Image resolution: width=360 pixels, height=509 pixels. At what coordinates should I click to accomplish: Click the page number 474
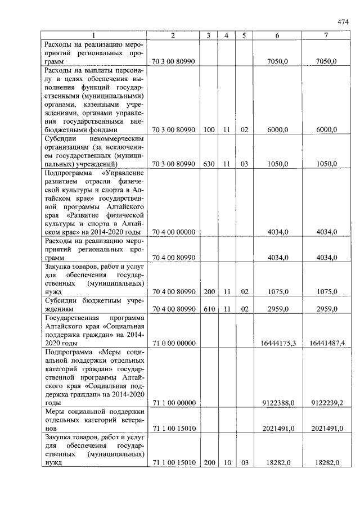(343, 21)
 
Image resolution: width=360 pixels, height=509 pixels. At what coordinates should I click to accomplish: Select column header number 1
(93, 35)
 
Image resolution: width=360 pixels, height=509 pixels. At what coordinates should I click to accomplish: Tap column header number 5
(244, 35)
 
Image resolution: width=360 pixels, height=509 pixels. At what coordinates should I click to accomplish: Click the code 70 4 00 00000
(173, 232)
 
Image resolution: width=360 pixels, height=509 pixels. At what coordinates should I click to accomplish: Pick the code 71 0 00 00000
(173, 343)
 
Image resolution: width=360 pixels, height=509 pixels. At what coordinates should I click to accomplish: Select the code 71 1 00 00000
(173, 403)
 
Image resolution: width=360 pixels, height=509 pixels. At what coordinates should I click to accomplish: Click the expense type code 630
(209, 164)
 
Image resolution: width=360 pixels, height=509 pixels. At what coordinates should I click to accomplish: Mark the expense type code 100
(209, 129)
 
